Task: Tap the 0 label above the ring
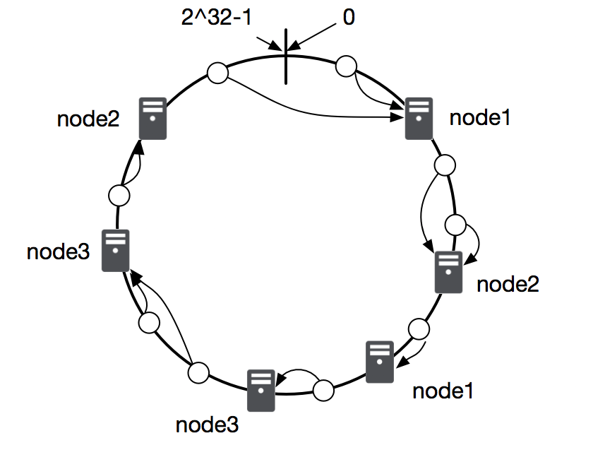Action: [348, 18]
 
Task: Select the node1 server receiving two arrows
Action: [418, 118]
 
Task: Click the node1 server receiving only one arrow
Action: [380, 362]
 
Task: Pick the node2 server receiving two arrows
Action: [448, 272]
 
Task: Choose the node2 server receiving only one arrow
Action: [152, 118]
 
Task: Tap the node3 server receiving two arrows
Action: [115, 250]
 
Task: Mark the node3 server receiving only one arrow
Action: [260, 389]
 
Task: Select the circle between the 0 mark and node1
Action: [345, 66]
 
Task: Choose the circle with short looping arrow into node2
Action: [457, 226]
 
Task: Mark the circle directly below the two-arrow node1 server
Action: [445, 165]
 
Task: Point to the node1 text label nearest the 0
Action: [479, 118]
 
